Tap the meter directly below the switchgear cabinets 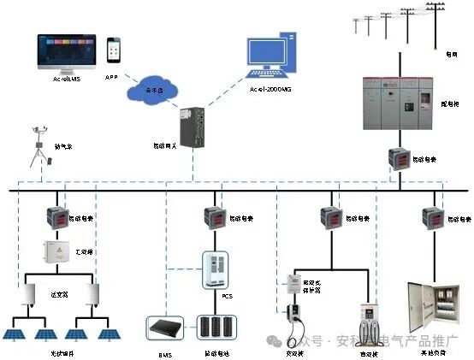coord(399,159)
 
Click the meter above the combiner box coord(58,217)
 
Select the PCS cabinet coord(216,269)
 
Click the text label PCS coord(227,296)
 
